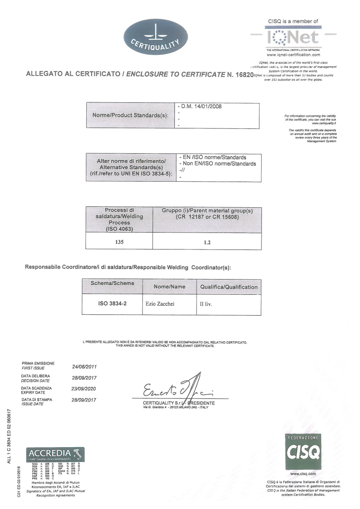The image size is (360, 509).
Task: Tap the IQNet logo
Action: point(293,38)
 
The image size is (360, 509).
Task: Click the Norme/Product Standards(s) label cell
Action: point(130,116)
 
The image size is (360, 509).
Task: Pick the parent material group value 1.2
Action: point(207,242)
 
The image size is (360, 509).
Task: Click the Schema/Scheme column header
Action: point(112,283)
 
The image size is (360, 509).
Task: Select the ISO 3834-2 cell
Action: point(112,304)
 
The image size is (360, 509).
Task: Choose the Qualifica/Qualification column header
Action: point(229,287)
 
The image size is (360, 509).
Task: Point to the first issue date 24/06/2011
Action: point(84,367)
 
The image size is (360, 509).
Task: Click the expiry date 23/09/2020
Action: point(84,388)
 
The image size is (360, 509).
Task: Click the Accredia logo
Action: point(56,454)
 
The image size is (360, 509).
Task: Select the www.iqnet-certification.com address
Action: point(293,55)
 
